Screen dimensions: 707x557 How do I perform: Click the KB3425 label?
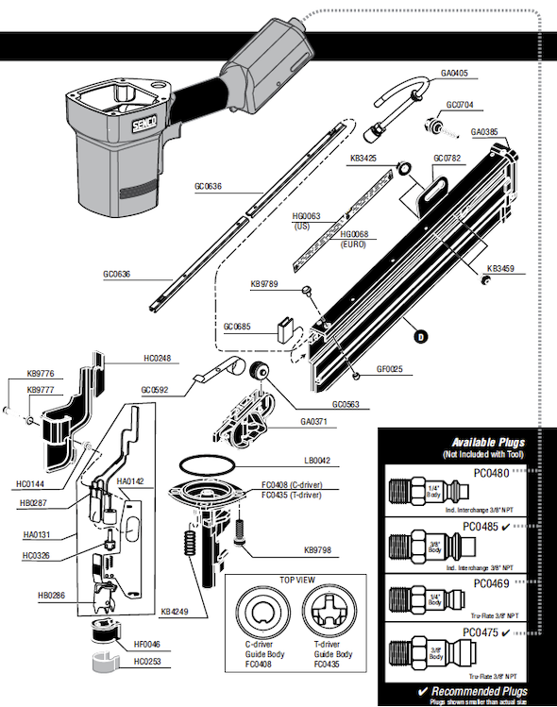[364, 159]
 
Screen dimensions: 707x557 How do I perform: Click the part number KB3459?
[499, 268]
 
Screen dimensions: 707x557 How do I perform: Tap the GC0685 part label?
[237, 327]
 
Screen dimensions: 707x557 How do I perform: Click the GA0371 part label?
[313, 422]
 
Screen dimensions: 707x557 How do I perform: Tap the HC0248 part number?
[157, 360]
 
